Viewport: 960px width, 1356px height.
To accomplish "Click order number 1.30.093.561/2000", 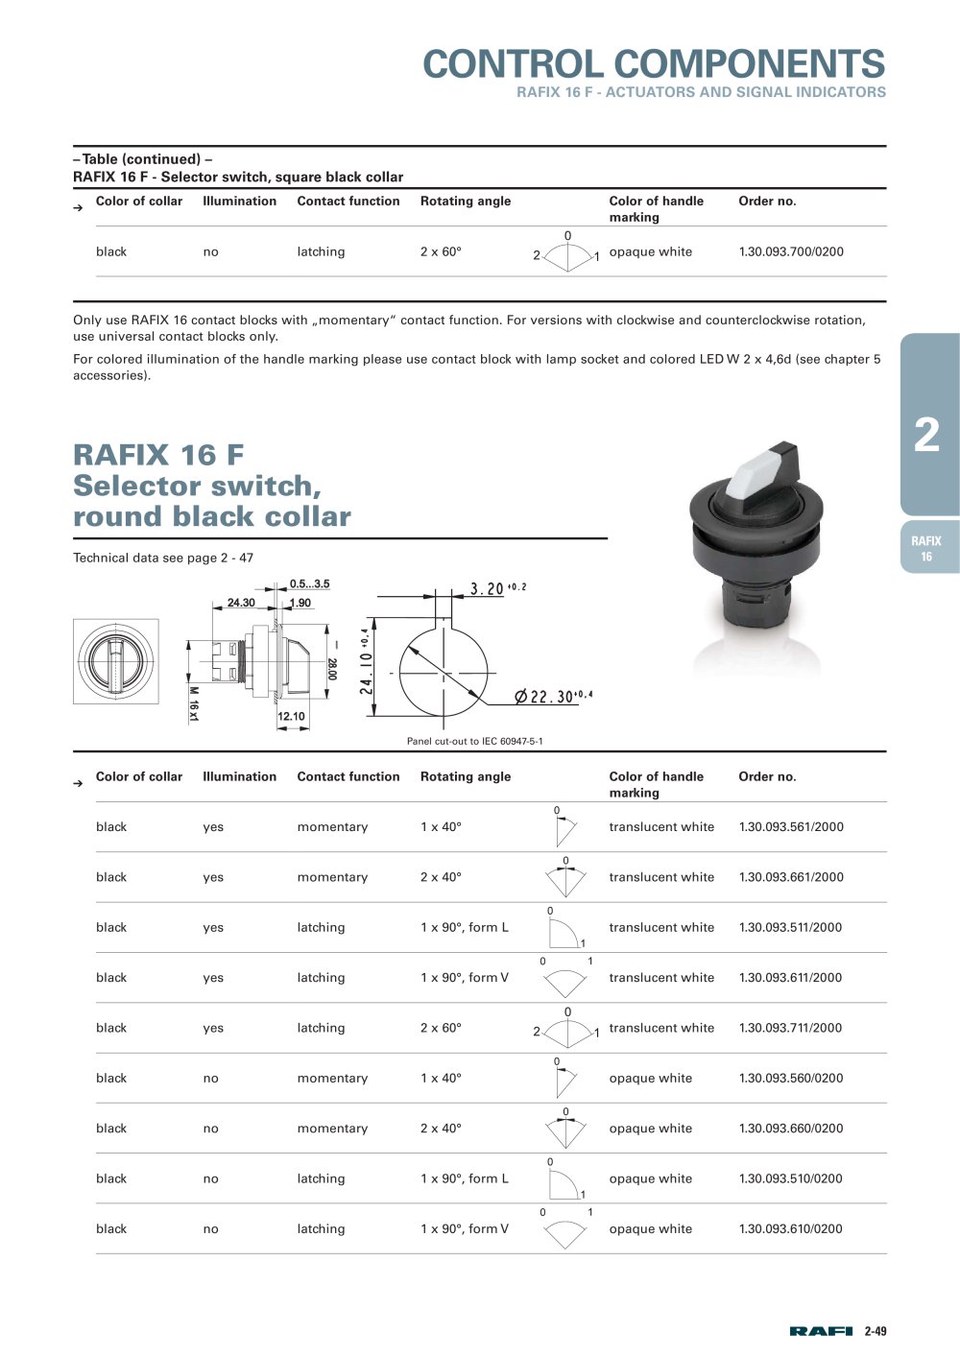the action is [791, 827].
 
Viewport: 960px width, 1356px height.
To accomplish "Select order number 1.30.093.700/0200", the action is [791, 251].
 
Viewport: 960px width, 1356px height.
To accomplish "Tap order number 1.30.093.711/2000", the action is [790, 1028].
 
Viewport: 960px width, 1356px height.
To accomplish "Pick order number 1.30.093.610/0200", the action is [790, 1229].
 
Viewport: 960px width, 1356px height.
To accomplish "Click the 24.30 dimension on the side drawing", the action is [241, 603].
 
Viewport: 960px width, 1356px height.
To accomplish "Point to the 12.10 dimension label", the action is [291, 716].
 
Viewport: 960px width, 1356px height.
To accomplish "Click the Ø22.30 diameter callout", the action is [553, 696].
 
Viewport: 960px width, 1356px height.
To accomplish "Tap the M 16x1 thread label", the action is [193, 704].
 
